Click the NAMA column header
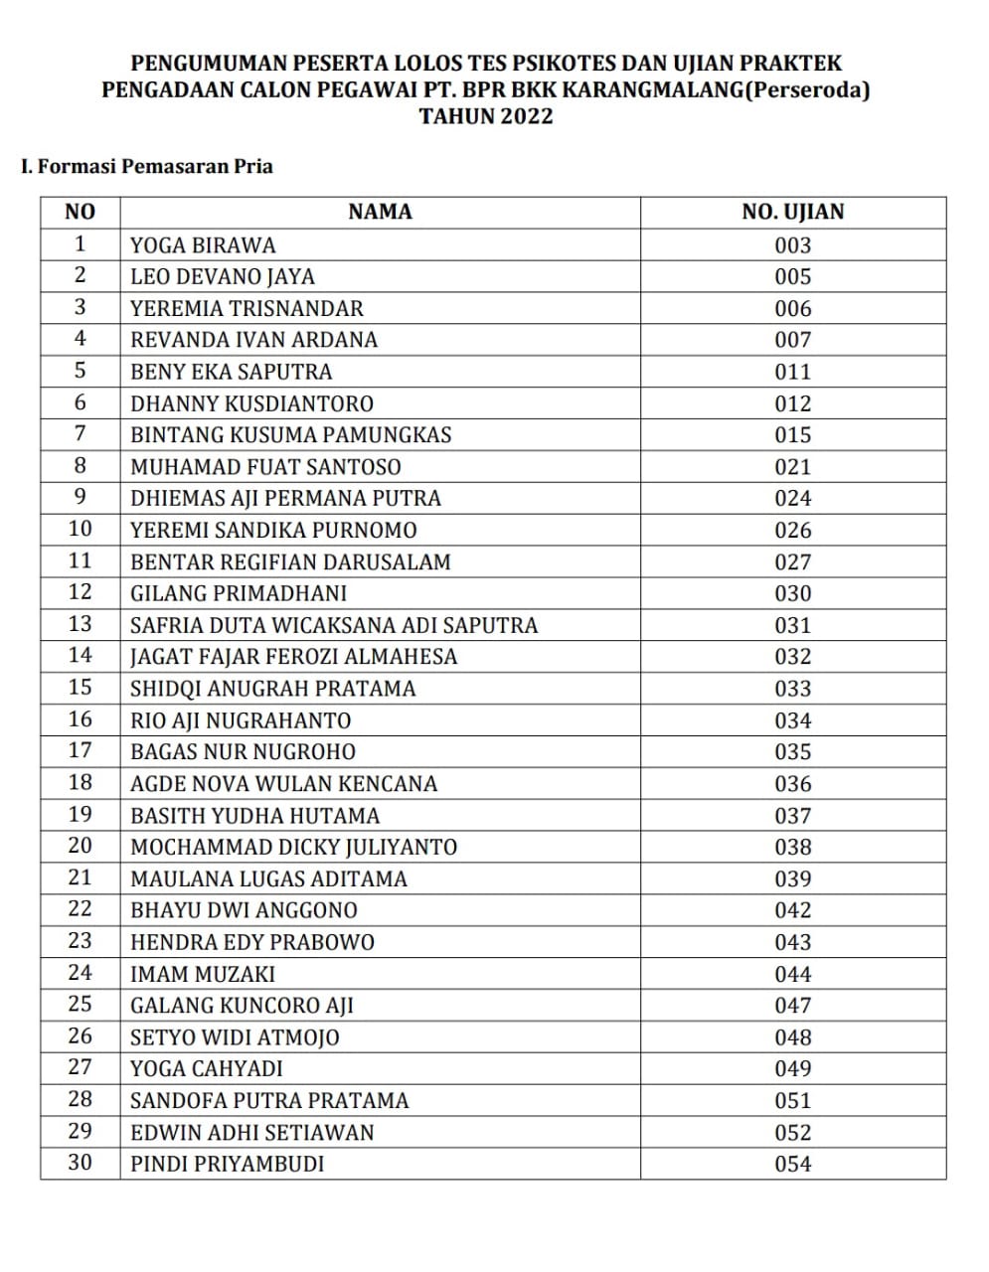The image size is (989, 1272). click(x=380, y=212)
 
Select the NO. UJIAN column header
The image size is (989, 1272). click(x=792, y=212)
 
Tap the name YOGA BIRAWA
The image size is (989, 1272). click(x=203, y=245)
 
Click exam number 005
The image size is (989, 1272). click(x=793, y=276)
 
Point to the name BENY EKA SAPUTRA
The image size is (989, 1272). click(x=232, y=372)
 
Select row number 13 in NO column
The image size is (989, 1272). click(x=80, y=624)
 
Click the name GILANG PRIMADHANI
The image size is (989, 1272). click(x=239, y=593)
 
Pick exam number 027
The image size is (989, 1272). click(x=793, y=561)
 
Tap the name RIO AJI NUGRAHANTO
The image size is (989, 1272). click(x=241, y=720)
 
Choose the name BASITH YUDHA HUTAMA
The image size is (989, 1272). click(x=254, y=816)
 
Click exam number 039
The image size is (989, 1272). click(x=793, y=878)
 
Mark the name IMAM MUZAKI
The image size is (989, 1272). click(x=203, y=974)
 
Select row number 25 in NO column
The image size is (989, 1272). click(x=80, y=1005)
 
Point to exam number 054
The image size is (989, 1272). click(x=793, y=1164)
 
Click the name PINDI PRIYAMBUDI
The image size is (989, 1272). click(x=228, y=1164)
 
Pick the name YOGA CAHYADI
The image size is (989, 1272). click(x=207, y=1068)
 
